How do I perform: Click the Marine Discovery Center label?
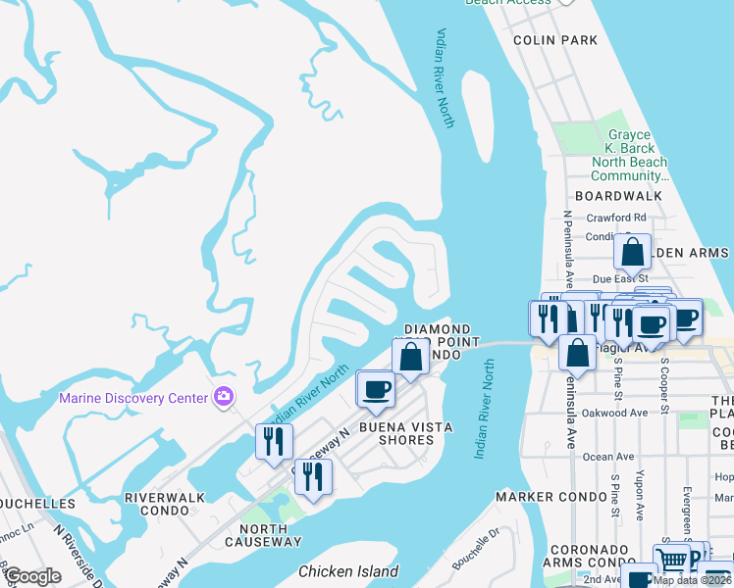tap(132, 397)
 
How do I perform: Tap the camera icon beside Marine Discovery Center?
tap(225, 397)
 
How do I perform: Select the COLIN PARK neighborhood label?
tap(555, 40)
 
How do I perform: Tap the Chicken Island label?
tap(348, 571)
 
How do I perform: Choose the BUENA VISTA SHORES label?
tap(409, 433)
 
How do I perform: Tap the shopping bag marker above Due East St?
tap(633, 253)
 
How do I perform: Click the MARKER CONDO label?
tap(550, 497)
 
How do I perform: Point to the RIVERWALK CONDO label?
tap(165, 504)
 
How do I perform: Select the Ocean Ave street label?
tap(608, 457)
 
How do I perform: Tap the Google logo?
tap(33, 576)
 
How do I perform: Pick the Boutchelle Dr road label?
tap(475, 552)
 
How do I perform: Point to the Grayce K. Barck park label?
tap(630, 156)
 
